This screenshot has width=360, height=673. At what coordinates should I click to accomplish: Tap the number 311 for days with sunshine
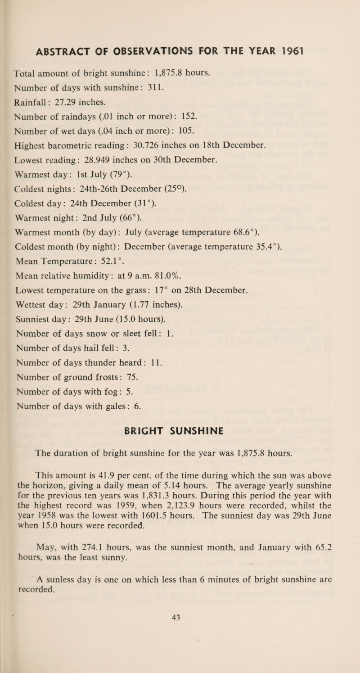point(144,74)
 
